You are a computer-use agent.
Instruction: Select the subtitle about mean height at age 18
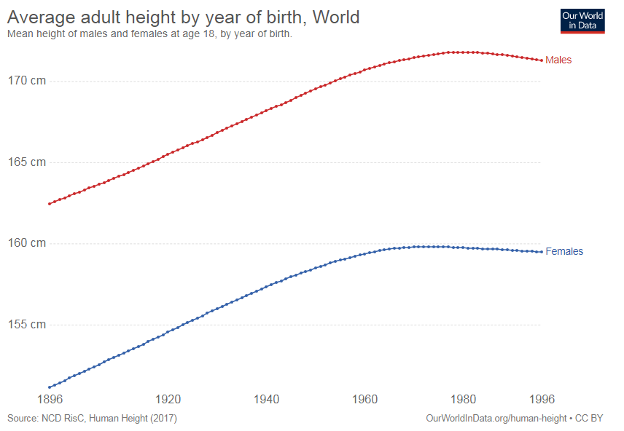pyautogui.click(x=149, y=33)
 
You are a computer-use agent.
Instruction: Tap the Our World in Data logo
pyautogui.click(x=582, y=20)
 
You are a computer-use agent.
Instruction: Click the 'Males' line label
pyautogui.click(x=558, y=60)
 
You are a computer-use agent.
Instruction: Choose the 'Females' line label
pyautogui.click(x=564, y=251)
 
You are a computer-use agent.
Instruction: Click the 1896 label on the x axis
pyautogui.click(x=49, y=400)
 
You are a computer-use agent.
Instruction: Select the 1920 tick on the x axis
pyautogui.click(x=168, y=400)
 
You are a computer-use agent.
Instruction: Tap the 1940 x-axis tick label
pyautogui.click(x=267, y=400)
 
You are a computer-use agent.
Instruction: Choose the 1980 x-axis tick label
pyautogui.click(x=464, y=400)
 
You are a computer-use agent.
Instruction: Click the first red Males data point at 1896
pyautogui.click(x=50, y=204)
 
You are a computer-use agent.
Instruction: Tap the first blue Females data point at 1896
pyautogui.click(x=50, y=387)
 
